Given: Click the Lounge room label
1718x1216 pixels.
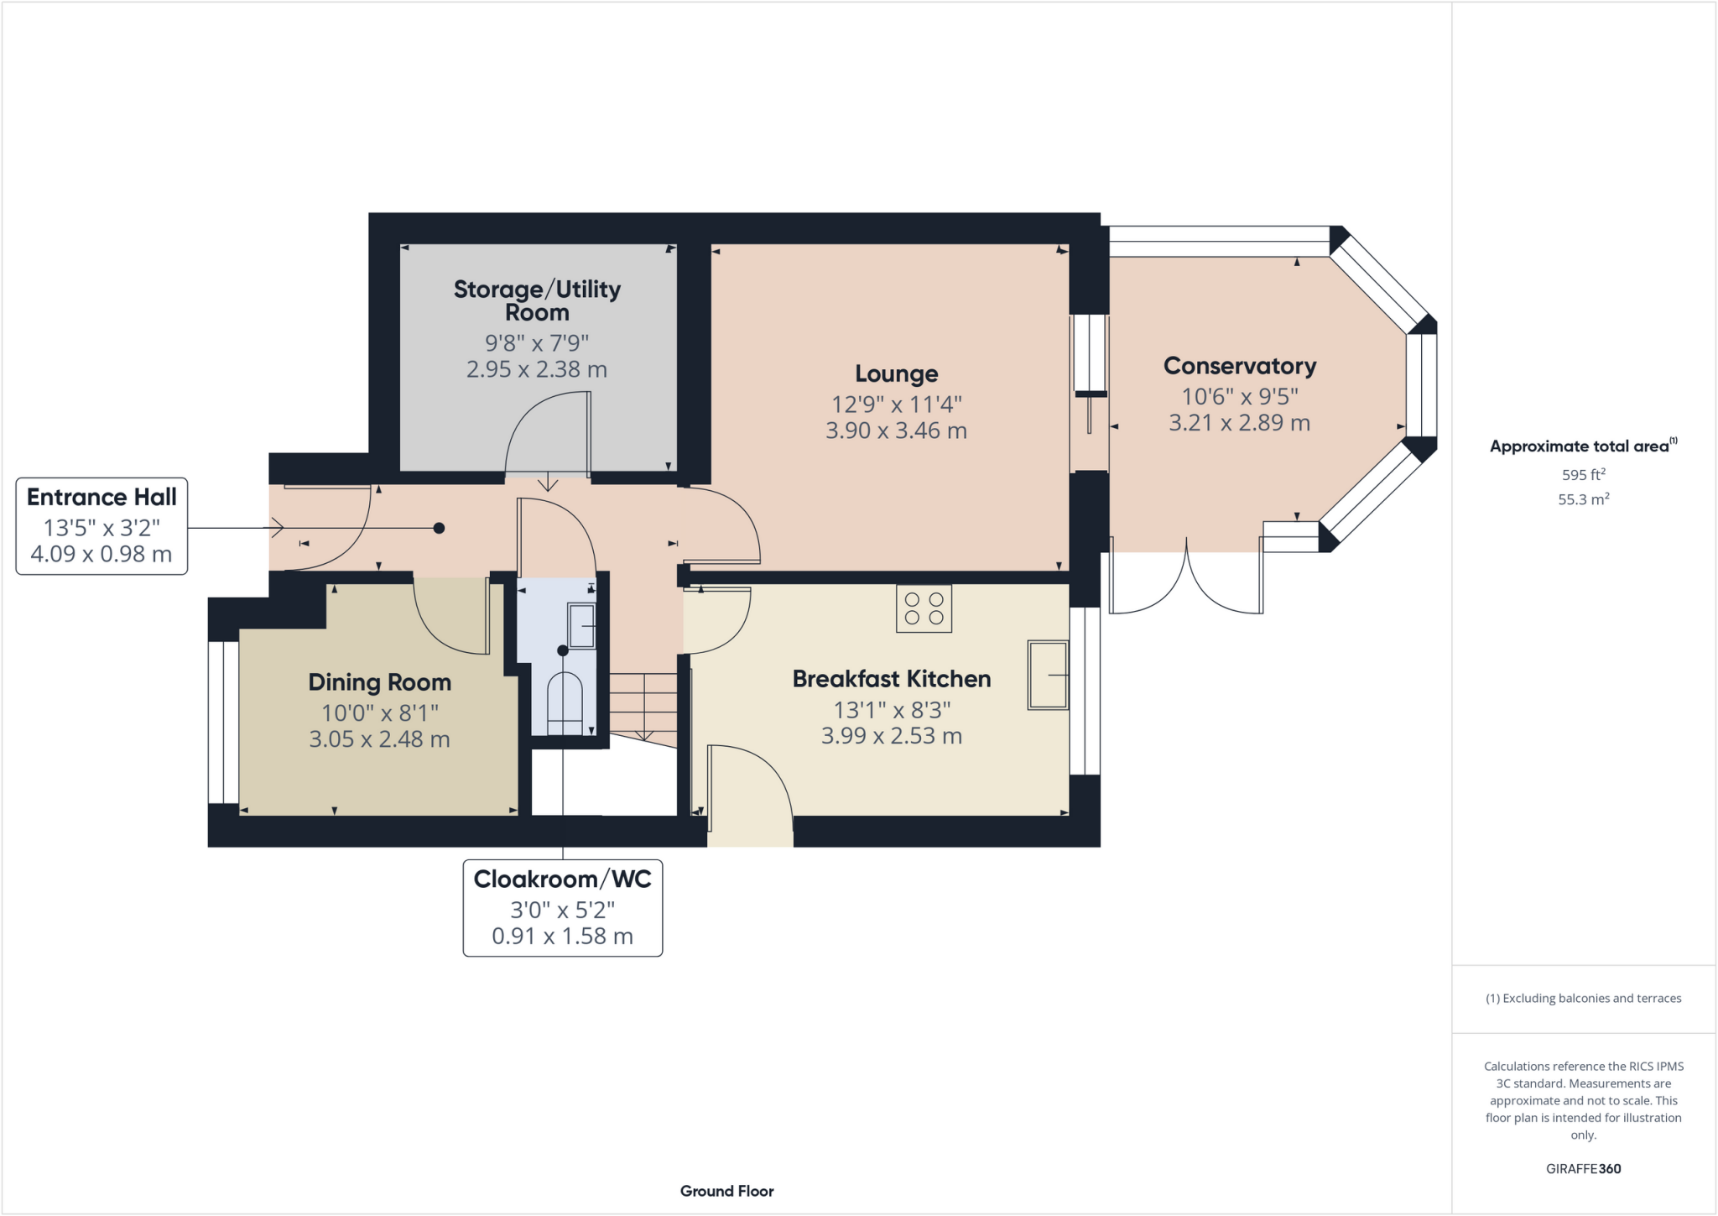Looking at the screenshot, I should [896, 373].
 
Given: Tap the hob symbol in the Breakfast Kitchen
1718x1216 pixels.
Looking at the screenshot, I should [924, 608].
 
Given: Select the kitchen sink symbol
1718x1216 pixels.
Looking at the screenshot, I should [1048, 675].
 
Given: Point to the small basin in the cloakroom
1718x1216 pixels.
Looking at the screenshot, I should [582, 626].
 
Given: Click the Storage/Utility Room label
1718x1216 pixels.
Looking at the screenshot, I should [537, 300].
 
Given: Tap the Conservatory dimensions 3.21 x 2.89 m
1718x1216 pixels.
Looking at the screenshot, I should [1239, 423].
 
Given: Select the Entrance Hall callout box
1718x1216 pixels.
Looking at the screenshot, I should [102, 526].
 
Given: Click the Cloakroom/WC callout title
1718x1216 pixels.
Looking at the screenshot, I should [562, 879].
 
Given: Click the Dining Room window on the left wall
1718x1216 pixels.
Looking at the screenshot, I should [223, 723].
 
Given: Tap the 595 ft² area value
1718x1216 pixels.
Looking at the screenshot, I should [1583, 475].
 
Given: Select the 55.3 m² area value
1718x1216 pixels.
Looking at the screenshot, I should [1583, 499].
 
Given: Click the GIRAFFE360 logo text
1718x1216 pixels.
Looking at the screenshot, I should [1583, 1168].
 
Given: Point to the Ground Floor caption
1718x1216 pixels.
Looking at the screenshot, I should [726, 1191].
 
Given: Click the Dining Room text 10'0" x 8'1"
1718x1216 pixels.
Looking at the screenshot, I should [380, 712].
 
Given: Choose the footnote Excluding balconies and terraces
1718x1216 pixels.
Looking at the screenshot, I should [1583, 999].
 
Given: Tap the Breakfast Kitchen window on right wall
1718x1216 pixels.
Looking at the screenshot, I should [1085, 691].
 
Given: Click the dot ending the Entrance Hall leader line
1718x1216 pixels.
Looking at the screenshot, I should [439, 528].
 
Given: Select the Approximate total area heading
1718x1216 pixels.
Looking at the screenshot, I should [1582, 446].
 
